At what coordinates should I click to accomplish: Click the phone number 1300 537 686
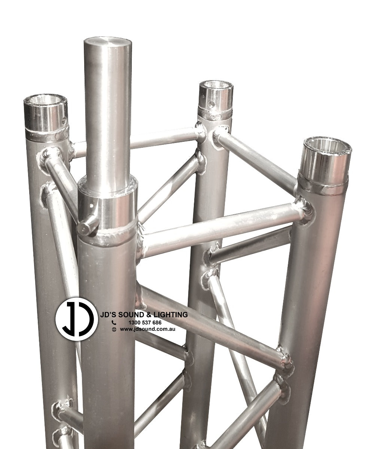click(x=145, y=322)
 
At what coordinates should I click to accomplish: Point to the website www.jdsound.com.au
click(x=147, y=329)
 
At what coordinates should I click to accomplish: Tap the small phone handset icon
click(x=114, y=322)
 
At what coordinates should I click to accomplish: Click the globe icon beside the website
click(x=114, y=329)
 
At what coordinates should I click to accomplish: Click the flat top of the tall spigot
click(x=107, y=42)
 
